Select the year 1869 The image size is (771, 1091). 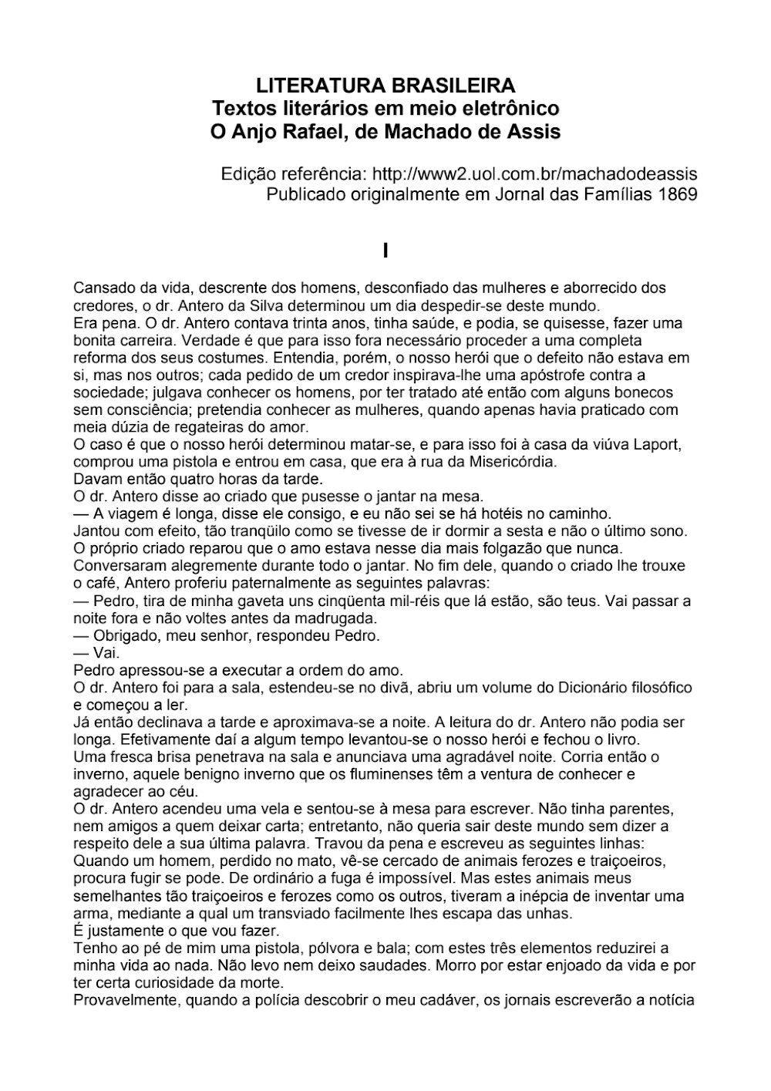[x=678, y=194]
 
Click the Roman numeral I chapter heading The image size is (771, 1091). [x=385, y=251]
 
